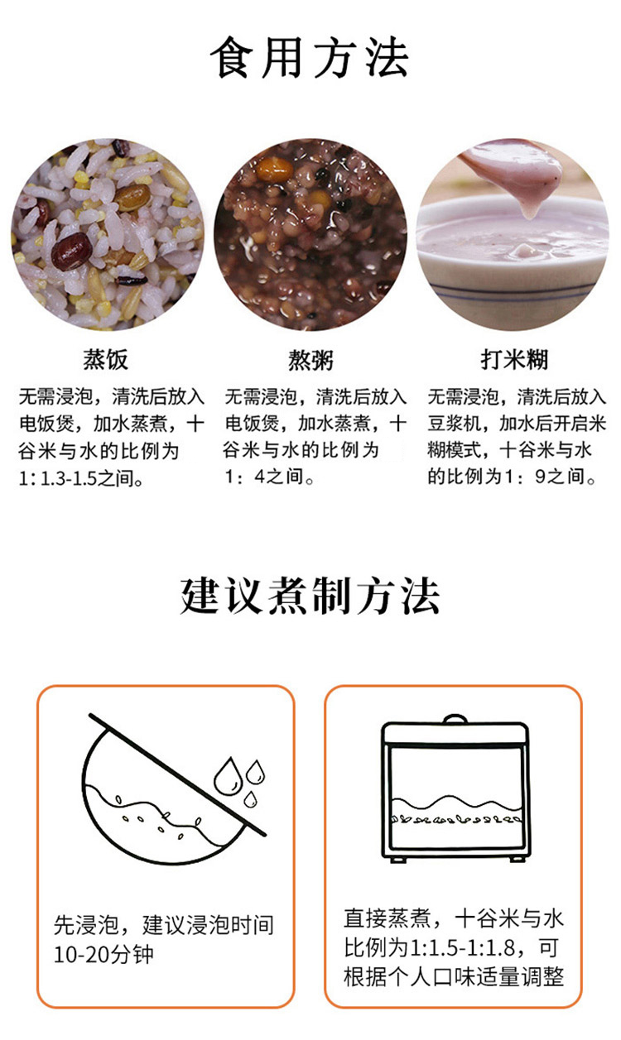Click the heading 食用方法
tap(310, 58)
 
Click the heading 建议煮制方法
tap(310, 597)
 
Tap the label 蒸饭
tap(105, 359)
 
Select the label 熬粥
tap(310, 360)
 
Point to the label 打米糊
tap(514, 359)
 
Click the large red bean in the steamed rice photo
tap(70, 252)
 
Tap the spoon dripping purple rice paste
tap(516, 176)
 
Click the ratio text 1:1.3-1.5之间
tap(81, 478)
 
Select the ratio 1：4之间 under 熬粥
tap(269, 477)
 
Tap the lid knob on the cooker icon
tap(455, 719)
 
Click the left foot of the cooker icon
tap(397, 860)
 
